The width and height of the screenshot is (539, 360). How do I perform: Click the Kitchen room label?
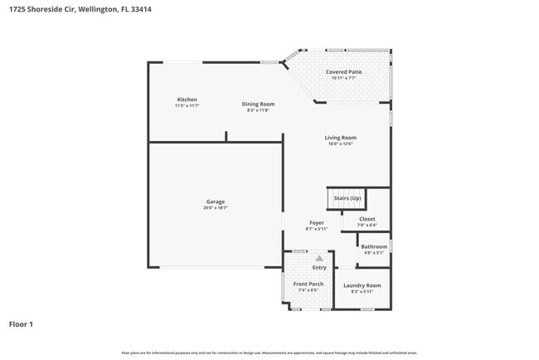click(187, 100)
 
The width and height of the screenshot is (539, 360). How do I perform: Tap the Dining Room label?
click(258, 104)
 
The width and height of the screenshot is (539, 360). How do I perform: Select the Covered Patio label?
click(343, 72)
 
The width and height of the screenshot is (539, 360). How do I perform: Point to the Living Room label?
click(340, 138)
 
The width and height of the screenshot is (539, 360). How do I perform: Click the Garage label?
click(216, 202)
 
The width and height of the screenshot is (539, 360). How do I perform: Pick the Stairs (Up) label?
click(347, 198)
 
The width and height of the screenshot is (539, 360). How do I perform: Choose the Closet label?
click(367, 219)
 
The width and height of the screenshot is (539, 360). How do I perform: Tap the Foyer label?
click(317, 222)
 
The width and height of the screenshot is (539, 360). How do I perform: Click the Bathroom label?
click(373, 246)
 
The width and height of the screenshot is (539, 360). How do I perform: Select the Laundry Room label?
click(362, 285)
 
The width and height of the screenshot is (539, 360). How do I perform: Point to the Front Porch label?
click(308, 285)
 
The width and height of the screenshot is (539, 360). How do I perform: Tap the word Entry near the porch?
click(319, 267)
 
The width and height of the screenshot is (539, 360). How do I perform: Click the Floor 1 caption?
click(22, 324)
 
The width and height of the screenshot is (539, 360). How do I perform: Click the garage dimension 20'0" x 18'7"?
click(216, 207)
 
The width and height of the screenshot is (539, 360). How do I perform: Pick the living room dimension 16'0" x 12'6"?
click(340, 144)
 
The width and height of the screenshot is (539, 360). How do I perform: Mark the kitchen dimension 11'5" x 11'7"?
click(187, 105)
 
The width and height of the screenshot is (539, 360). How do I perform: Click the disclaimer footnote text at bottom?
click(269, 353)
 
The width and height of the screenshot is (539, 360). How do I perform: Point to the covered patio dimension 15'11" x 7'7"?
click(343, 78)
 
